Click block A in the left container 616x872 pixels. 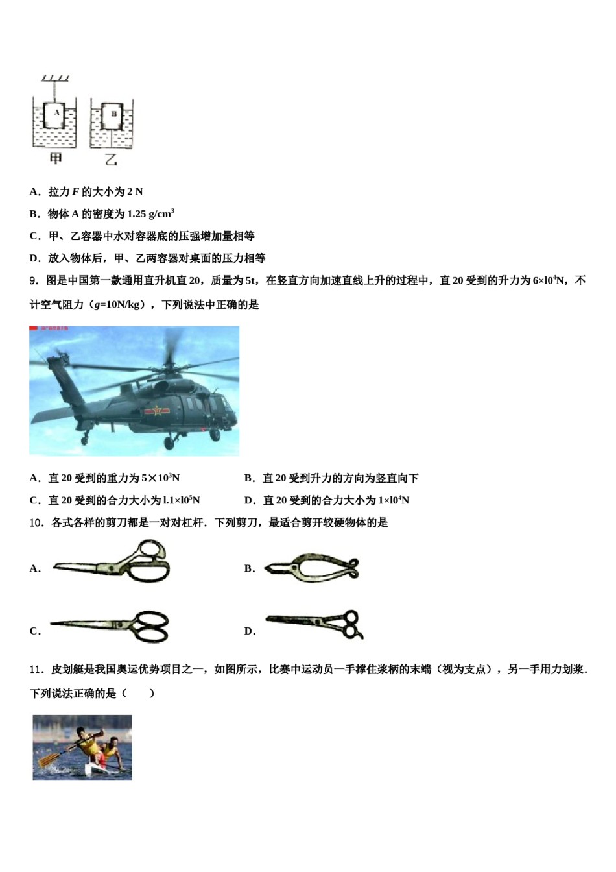point(56,114)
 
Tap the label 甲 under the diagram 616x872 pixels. point(56,158)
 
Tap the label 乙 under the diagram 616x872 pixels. point(112,158)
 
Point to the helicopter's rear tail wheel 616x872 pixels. point(84,441)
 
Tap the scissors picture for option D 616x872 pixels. point(315,624)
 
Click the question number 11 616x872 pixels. point(36,670)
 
